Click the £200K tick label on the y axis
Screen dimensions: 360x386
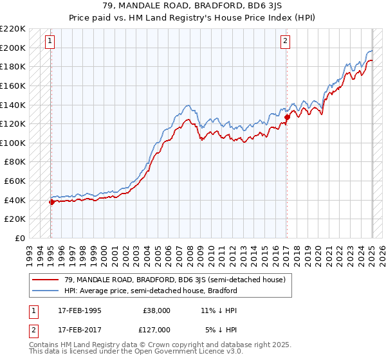point(13,48)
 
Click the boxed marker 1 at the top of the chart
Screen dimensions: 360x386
point(50,41)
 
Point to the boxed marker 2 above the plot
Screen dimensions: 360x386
point(285,41)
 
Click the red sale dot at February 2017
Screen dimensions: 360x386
point(287,117)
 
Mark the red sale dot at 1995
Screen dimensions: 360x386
point(51,202)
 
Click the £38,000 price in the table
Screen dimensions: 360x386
point(156,310)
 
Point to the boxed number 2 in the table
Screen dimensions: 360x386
point(33,330)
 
